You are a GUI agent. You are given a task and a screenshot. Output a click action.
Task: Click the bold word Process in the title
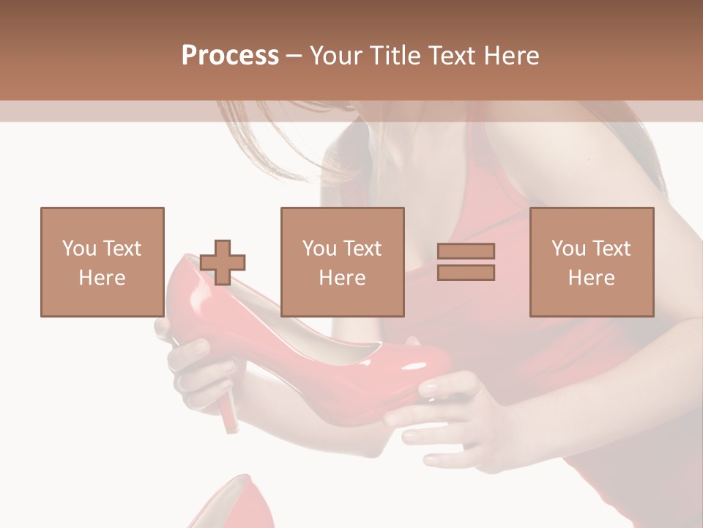click(x=230, y=56)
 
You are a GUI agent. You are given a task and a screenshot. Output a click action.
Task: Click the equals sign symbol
click(x=466, y=262)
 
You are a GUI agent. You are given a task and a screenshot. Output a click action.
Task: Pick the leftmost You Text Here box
click(x=103, y=262)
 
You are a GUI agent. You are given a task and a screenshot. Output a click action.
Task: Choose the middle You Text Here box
click(x=343, y=262)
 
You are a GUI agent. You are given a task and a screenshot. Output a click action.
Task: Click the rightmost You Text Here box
click(x=592, y=262)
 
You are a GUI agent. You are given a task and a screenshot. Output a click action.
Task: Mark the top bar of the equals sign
click(x=466, y=251)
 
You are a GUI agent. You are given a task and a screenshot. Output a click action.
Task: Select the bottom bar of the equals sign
click(x=466, y=273)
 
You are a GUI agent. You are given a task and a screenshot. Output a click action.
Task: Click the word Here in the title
click(x=510, y=56)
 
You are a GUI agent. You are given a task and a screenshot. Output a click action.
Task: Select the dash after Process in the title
click(x=294, y=56)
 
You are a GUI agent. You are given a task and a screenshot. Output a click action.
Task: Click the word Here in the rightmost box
click(x=592, y=278)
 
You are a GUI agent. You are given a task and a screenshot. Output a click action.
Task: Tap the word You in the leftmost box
click(x=78, y=249)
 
